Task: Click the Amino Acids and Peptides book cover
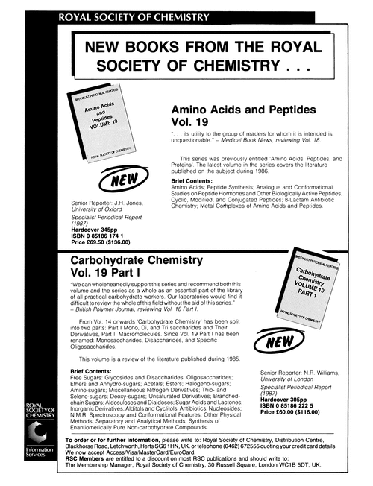(107, 126)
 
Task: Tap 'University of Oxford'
(98, 209)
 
